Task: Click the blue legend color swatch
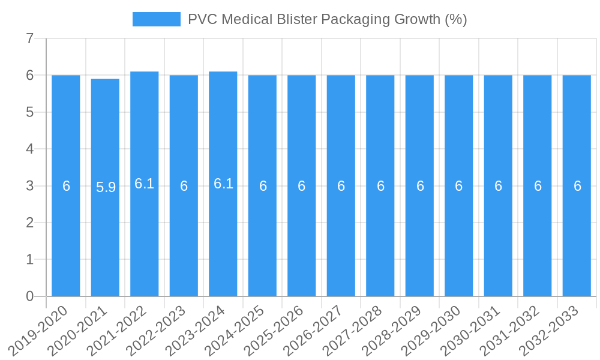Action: [x=156, y=19]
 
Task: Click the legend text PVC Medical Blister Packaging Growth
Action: [x=327, y=19]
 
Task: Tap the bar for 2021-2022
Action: [x=145, y=240]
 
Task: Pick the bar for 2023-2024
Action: [x=223, y=240]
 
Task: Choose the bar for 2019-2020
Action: [x=66, y=240]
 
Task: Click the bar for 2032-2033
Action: [x=577, y=240]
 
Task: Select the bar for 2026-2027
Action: [x=341, y=240]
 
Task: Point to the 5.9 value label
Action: [x=106, y=187]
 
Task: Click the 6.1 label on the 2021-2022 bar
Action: [x=145, y=184]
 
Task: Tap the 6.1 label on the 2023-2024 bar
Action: [x=223, y=184]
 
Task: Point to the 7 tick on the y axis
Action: [x=29, y=38]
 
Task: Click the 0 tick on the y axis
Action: [x=29, y=296]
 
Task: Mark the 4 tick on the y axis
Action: [x=29, y=149]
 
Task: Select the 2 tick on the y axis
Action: [x=29, y=223]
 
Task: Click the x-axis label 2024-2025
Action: [x=242, y=329]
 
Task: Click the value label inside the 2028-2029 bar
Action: [x=420, y=186]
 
